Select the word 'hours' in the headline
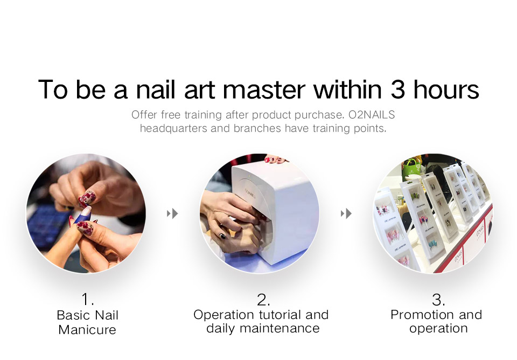[446, 89]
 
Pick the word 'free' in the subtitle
[170, 115]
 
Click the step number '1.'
[88, 300]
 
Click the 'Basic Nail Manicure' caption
[88, 322]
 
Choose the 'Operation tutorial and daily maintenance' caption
[262, 322]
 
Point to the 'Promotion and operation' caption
[437, 322]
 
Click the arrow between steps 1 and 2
[172, 214]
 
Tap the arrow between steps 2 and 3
[346, 214]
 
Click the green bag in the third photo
[413, 168]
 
